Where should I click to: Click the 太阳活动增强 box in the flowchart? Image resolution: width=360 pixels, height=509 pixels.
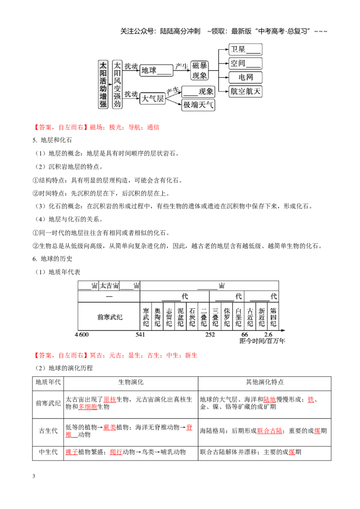(x=103, y=85)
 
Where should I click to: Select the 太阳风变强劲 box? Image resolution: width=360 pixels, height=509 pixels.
(x=117, y=85)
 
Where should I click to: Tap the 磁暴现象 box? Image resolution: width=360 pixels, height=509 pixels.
(x=199, y=70)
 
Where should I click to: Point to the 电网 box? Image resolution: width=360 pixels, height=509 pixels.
(x=245, y=77)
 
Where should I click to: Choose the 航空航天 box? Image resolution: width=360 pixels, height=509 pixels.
(x=245, y=91)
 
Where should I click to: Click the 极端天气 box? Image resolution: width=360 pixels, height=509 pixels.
(x=198, y=105)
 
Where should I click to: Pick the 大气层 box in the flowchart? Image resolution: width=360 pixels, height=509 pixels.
(x=153, y=98)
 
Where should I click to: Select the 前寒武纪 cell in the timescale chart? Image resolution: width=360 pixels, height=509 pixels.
(x=109, y=317)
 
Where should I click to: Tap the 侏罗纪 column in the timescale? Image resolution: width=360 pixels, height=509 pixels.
(x=227, y=317)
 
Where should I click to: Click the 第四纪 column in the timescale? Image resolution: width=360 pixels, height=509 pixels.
(x=273, y=317)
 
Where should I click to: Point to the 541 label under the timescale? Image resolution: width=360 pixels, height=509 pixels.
(x=140, y=335)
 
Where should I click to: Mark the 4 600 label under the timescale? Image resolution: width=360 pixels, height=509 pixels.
(x=81, y=335)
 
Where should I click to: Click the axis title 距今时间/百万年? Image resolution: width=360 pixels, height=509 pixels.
(x=262, y=341)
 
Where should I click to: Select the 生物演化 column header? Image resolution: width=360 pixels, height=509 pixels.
(x=130, y=382)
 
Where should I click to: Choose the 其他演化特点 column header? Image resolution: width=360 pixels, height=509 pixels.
(x=265, y=382)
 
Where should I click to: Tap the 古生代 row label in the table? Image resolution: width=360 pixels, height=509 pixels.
(x=48, y=431)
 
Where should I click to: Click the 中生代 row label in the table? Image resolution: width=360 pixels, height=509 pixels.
(x=48, y=452)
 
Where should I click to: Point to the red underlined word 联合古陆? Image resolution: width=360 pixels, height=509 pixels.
(x=270, y=431)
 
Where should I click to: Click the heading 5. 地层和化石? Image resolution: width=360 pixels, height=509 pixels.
(x=52, y=140)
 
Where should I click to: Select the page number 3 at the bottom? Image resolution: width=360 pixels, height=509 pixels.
(x=34, y=476)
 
